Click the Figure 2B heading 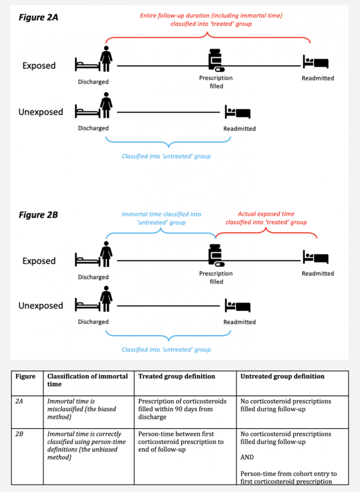(38, 215)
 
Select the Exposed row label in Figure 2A (39, 65)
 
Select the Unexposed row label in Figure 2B (41, 306)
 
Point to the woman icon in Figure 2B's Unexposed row (106, 299)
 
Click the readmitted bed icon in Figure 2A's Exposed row (315, 61)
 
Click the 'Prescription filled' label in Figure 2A (216, 82)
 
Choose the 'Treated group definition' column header (177, 376)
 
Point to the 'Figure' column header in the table (25, 376)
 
